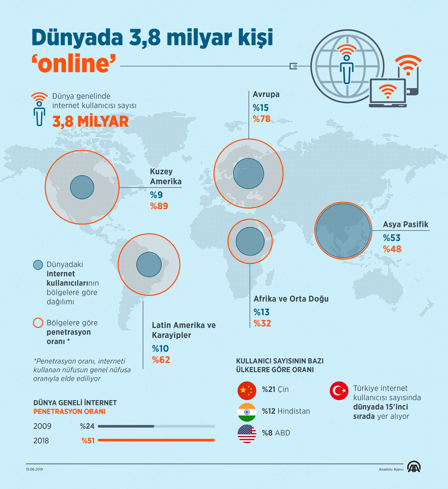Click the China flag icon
coord(247,391)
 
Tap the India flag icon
coord(247,412)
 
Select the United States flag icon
coord(247,434)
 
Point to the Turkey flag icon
coord(339,391)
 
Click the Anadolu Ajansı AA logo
coord(414,467)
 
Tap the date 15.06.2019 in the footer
coord(34,469)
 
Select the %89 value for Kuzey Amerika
coord(159,206)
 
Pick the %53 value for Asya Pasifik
coord(392,238)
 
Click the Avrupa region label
coord(266,94)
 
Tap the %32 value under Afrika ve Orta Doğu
coord(262,323)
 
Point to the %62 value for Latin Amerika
coord(161,360)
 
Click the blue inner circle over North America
coord(82,187)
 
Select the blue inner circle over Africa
coord(250,241)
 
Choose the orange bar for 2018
coord(156,440)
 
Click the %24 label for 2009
coord(87,426)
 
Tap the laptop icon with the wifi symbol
coord(387,93)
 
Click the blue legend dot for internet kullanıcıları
coord(38,265)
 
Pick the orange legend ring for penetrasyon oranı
coord(38,323)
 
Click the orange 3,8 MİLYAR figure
coord(91,121)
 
